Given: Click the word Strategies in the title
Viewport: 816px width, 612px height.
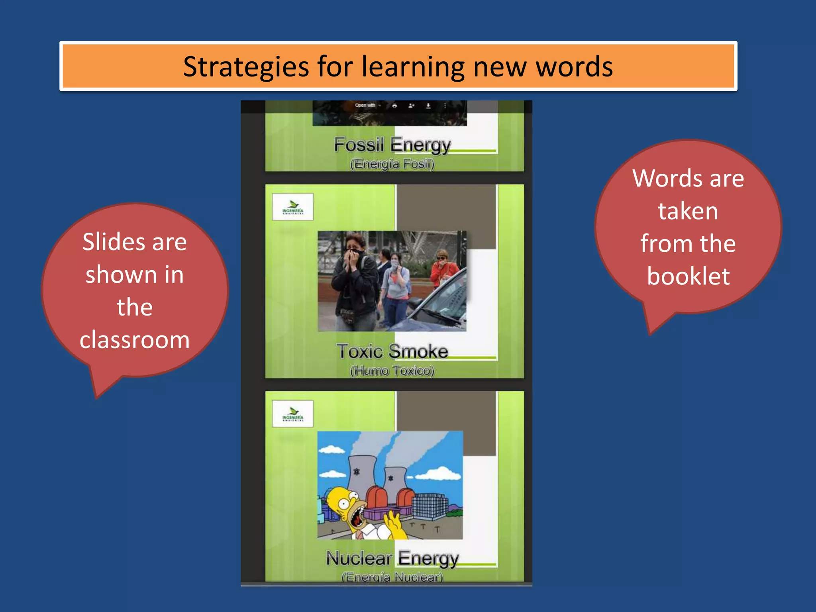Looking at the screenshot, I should [246, 67].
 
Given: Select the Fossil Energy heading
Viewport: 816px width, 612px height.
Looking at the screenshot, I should [392, 145].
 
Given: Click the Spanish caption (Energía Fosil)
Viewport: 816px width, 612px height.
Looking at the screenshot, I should [392, 164].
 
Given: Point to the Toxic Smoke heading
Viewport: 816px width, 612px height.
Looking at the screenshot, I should [392, 351].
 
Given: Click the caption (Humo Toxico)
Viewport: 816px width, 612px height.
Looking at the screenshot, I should [392, 371].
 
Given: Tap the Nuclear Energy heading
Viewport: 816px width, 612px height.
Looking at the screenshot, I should [392, 558].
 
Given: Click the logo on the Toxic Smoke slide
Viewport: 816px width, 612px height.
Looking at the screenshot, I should [293, 207].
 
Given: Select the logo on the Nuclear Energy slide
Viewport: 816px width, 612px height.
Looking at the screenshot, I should [293, 414].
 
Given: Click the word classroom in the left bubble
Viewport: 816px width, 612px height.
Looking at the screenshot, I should [135, 340].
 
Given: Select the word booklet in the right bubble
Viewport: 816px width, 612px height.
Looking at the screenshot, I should [688, 276].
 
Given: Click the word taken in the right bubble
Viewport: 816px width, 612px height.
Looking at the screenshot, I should [688, 211].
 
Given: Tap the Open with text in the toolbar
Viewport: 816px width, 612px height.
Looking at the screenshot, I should [365, 106].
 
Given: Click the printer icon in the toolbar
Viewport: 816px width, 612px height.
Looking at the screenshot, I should [394, 106].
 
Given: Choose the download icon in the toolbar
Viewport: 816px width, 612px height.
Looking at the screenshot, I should [428, 106].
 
